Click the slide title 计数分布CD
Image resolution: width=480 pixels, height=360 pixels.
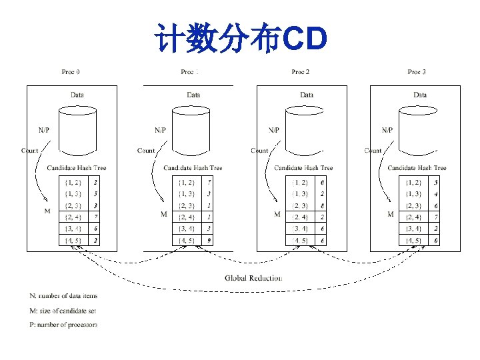(240, 39)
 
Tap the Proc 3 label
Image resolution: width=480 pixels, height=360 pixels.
(417, 71)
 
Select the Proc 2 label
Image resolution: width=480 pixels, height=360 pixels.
(301, 71)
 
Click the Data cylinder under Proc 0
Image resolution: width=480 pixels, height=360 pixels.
(77, 130)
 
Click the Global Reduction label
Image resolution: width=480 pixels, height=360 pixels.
(253, 277)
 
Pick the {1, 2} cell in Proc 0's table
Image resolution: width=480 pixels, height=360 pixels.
(73, 181)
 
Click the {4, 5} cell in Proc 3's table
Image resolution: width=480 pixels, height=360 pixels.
(414, 240)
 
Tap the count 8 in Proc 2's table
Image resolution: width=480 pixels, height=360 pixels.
(323, 205)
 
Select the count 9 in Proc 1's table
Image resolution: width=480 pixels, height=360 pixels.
(209, 240)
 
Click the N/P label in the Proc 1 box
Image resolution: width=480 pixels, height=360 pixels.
(161, 130)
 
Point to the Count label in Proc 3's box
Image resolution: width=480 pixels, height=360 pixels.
(373, 151)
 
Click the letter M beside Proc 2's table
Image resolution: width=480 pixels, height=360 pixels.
(277, 215)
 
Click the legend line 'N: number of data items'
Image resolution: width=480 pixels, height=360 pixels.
(64, 295)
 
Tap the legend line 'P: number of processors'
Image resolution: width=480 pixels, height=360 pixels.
(64, 325)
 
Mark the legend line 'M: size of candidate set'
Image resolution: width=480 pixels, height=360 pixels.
(64, 311)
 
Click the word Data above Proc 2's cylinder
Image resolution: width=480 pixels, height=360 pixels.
(307, 95)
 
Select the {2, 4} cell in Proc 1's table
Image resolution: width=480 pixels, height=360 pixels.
(186, 217)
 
